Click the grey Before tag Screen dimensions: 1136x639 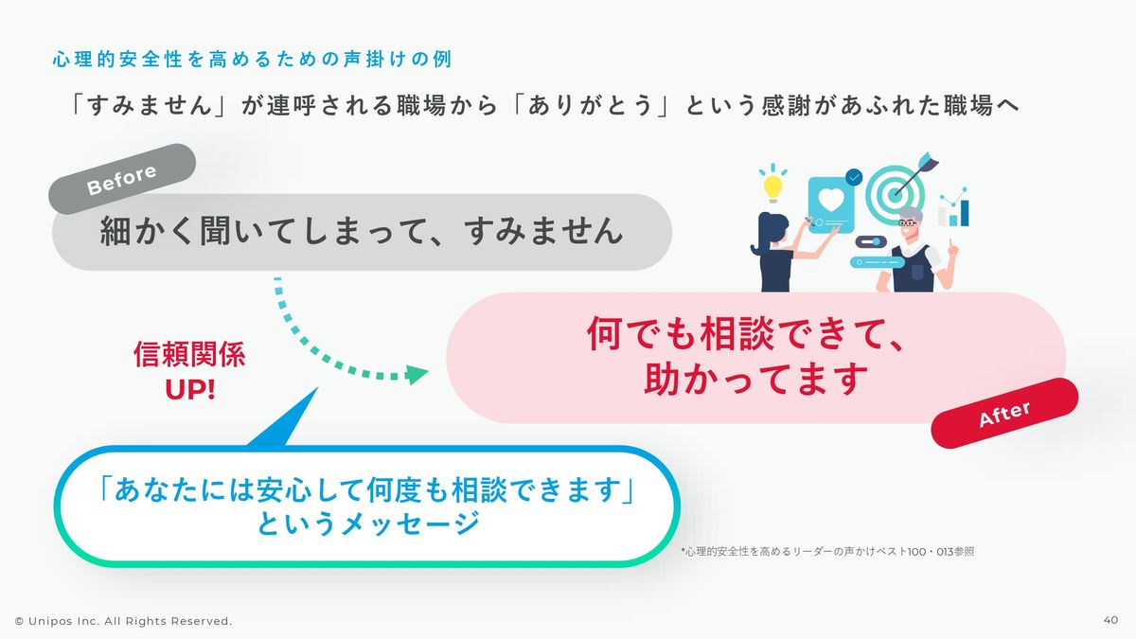[x=122, y=179]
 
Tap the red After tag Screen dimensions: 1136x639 [x=1004, y=414]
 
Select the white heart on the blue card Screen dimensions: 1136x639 [x=831, y=200]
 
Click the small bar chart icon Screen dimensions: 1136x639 [x=953, y=208]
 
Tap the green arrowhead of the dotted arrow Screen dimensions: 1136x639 [x=416, y=374]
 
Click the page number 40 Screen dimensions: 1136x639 [x=1110, y=620]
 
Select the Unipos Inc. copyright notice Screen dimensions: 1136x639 [x=123, y=621]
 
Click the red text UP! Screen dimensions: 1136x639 [x=190, y=389]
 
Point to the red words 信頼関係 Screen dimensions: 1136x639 [x=189, y=354]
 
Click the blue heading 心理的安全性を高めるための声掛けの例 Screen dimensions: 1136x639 [x=252, y=60]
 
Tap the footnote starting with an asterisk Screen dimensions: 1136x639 [x=827, y=551]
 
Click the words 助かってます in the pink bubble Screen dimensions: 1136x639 [x=755, y=379]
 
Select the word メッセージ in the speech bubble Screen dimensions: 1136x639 [x=410, y=523]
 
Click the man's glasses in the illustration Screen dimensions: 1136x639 [x=907, y=222]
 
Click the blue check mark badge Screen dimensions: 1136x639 [x=854, y=177]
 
